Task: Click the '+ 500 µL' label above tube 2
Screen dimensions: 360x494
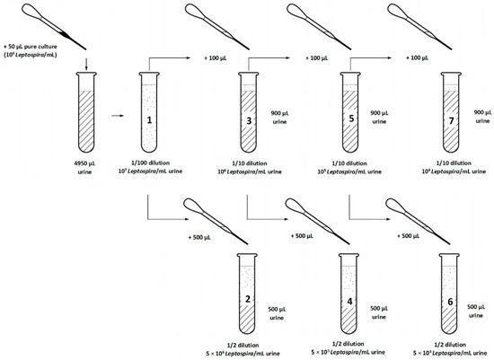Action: click(x=200, y=237)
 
